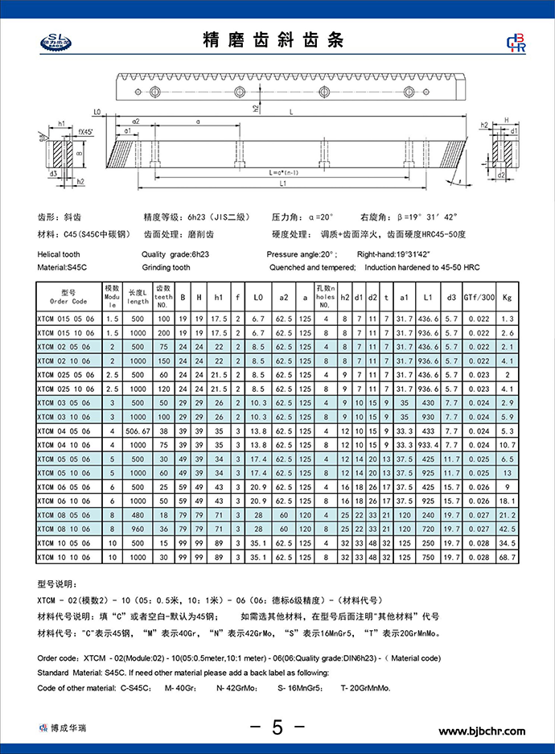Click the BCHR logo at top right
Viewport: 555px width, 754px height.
click(514, 43)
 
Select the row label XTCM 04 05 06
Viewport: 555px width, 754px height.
click(66, 432)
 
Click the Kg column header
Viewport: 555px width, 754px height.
click(507, 297)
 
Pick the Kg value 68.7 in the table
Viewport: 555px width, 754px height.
click(507, 557)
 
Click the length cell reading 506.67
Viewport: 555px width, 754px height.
click(138, 432)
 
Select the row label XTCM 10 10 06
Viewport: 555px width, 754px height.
click(66, 557)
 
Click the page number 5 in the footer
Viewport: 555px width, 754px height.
click(277, 727)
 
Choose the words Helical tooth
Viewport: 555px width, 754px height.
click(59, 253)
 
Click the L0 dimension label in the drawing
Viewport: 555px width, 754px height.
click(97, 111)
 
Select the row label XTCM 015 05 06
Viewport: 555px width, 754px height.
click(66, 319)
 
